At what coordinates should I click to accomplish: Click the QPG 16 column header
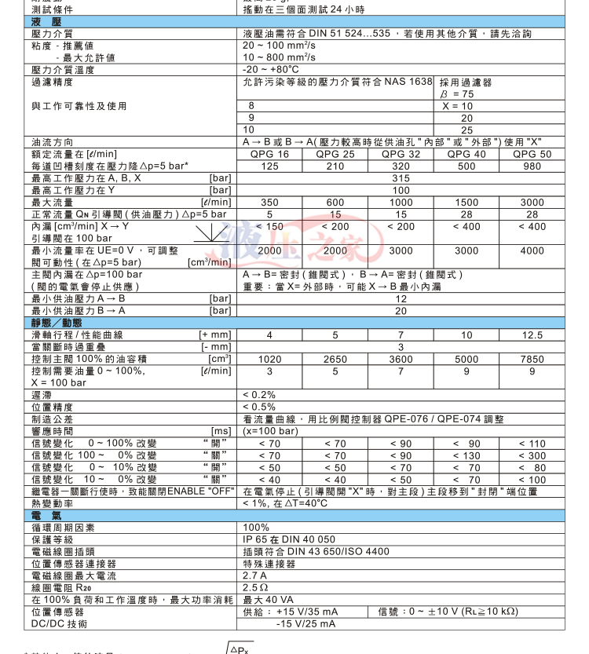269,155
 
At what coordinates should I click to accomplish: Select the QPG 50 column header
532,155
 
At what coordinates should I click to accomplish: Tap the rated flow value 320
401,166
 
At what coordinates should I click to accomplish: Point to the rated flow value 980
532,166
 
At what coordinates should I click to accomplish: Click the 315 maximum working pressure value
401,178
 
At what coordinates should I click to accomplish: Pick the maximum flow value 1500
466,203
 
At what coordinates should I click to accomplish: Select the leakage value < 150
269,226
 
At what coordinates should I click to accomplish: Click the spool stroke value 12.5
532,335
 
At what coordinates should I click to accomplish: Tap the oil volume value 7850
532,359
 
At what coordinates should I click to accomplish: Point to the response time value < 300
532,455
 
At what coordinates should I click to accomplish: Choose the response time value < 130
466,455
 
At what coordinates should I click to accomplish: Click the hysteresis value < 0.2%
259,395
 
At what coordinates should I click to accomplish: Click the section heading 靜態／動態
51,323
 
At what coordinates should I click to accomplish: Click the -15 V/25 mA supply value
305,623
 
